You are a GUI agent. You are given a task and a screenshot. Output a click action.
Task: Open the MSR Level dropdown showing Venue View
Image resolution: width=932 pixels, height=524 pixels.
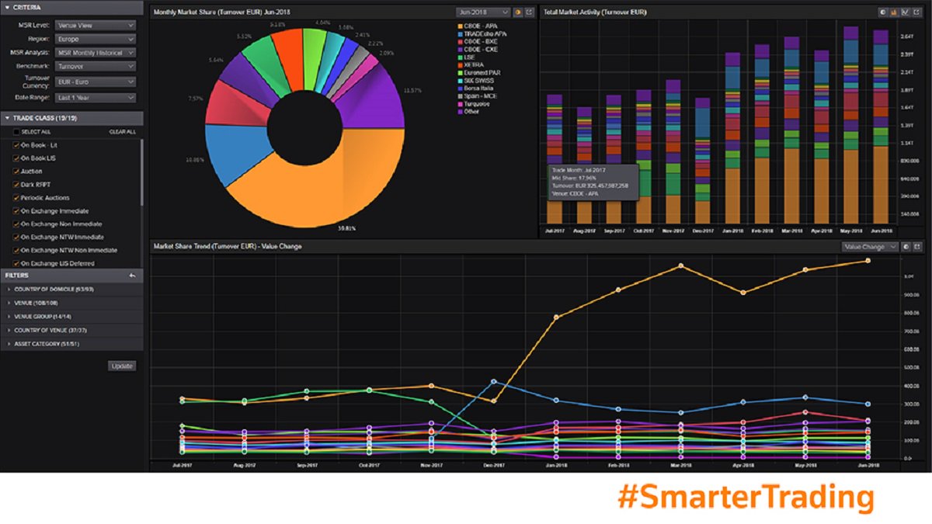(96, 25)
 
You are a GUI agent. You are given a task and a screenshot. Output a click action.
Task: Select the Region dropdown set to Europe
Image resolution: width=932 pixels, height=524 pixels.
(96, 39)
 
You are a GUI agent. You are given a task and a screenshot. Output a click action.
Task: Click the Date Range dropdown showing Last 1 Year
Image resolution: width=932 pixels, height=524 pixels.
(96, 97)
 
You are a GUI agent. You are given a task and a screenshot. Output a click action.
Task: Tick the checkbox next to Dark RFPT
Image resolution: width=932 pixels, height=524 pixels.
(16, 185)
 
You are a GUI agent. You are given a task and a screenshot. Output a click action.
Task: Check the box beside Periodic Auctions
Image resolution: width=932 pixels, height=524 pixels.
(16, 198)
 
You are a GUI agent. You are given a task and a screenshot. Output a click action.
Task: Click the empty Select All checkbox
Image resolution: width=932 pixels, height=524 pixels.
(16, 132)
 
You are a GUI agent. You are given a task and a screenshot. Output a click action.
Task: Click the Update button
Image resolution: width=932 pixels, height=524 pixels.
(122, 366)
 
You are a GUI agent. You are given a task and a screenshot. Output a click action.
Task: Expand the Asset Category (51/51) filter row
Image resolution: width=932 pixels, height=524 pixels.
(47, 344)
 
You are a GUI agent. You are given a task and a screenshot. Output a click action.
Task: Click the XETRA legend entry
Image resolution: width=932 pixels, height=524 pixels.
(472, 64)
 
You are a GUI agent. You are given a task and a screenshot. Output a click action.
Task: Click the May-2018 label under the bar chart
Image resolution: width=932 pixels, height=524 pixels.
(851, 231)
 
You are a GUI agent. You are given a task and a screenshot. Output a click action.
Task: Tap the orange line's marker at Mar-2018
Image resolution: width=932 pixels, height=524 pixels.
(680, 265)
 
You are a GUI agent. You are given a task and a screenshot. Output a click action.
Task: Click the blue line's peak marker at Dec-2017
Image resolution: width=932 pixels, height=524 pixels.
(494, 381)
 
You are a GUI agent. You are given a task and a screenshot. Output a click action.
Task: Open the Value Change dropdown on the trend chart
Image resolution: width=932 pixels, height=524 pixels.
(870, 247)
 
